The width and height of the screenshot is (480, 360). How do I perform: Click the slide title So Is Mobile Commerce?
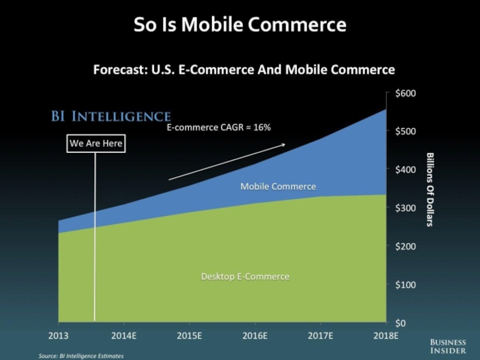pyautogui.click(x=239, y=25)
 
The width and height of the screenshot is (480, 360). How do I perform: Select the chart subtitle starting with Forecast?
pyautogui.click(x=244, y=70)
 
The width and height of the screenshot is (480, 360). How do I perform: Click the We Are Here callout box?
pyautogui.click(x=95, y=144)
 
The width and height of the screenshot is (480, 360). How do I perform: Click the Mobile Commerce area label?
pyautogui.click(x=278, y=187)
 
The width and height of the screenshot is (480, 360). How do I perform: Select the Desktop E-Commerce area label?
pyautogui.click(x=245, y=277)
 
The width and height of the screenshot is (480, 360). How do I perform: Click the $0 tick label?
pyautogui.click(x=400, y=323)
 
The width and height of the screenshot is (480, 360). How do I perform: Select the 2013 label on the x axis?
pyautogui.click(x=58, y=335)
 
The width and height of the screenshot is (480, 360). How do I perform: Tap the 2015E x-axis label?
pyautogui.click(x=189, y=335)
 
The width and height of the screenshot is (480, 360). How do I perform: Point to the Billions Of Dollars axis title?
pyautogui.click(x=430, y=189)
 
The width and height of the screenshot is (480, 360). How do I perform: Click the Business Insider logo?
pyautogui.click(x=448, y=346)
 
